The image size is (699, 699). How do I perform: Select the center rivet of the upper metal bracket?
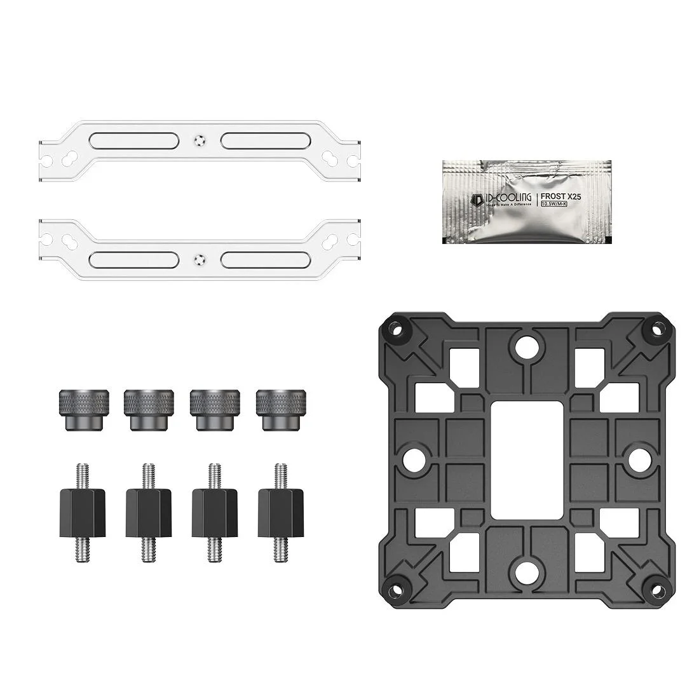click(200, 139)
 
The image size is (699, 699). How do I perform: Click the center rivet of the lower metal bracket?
click(200, 259)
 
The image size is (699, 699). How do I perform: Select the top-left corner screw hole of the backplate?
click(395, 329)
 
